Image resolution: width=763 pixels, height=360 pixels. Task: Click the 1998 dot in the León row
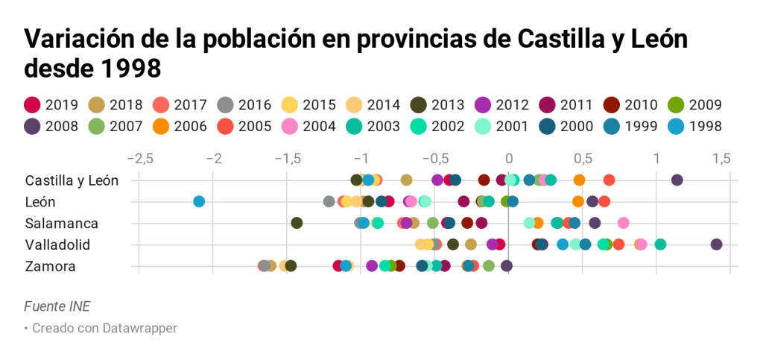(x=199, y=201)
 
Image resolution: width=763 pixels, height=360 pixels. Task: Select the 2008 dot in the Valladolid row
(x=716, y=244)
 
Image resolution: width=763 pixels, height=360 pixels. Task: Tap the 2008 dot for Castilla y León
(x=677, y=180)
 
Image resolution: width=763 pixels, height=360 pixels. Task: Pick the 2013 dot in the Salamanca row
(x=297, y=223)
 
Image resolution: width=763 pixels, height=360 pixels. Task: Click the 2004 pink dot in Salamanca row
(x=624, y=223)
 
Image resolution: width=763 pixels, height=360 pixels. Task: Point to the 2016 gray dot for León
(x=329, y=201)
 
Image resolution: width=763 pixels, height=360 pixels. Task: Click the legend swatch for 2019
(x=32, y=105)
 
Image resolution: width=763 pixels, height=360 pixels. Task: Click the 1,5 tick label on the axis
(x=721, y=159)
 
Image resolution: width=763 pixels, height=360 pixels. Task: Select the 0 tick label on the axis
(x=509, y=159)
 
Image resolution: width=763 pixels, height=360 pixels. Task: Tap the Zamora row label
(x=50, y=266)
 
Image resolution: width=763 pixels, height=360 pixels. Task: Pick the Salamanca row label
(x=61, y=223)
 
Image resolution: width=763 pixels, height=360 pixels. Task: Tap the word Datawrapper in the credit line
(x=142, y=328)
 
